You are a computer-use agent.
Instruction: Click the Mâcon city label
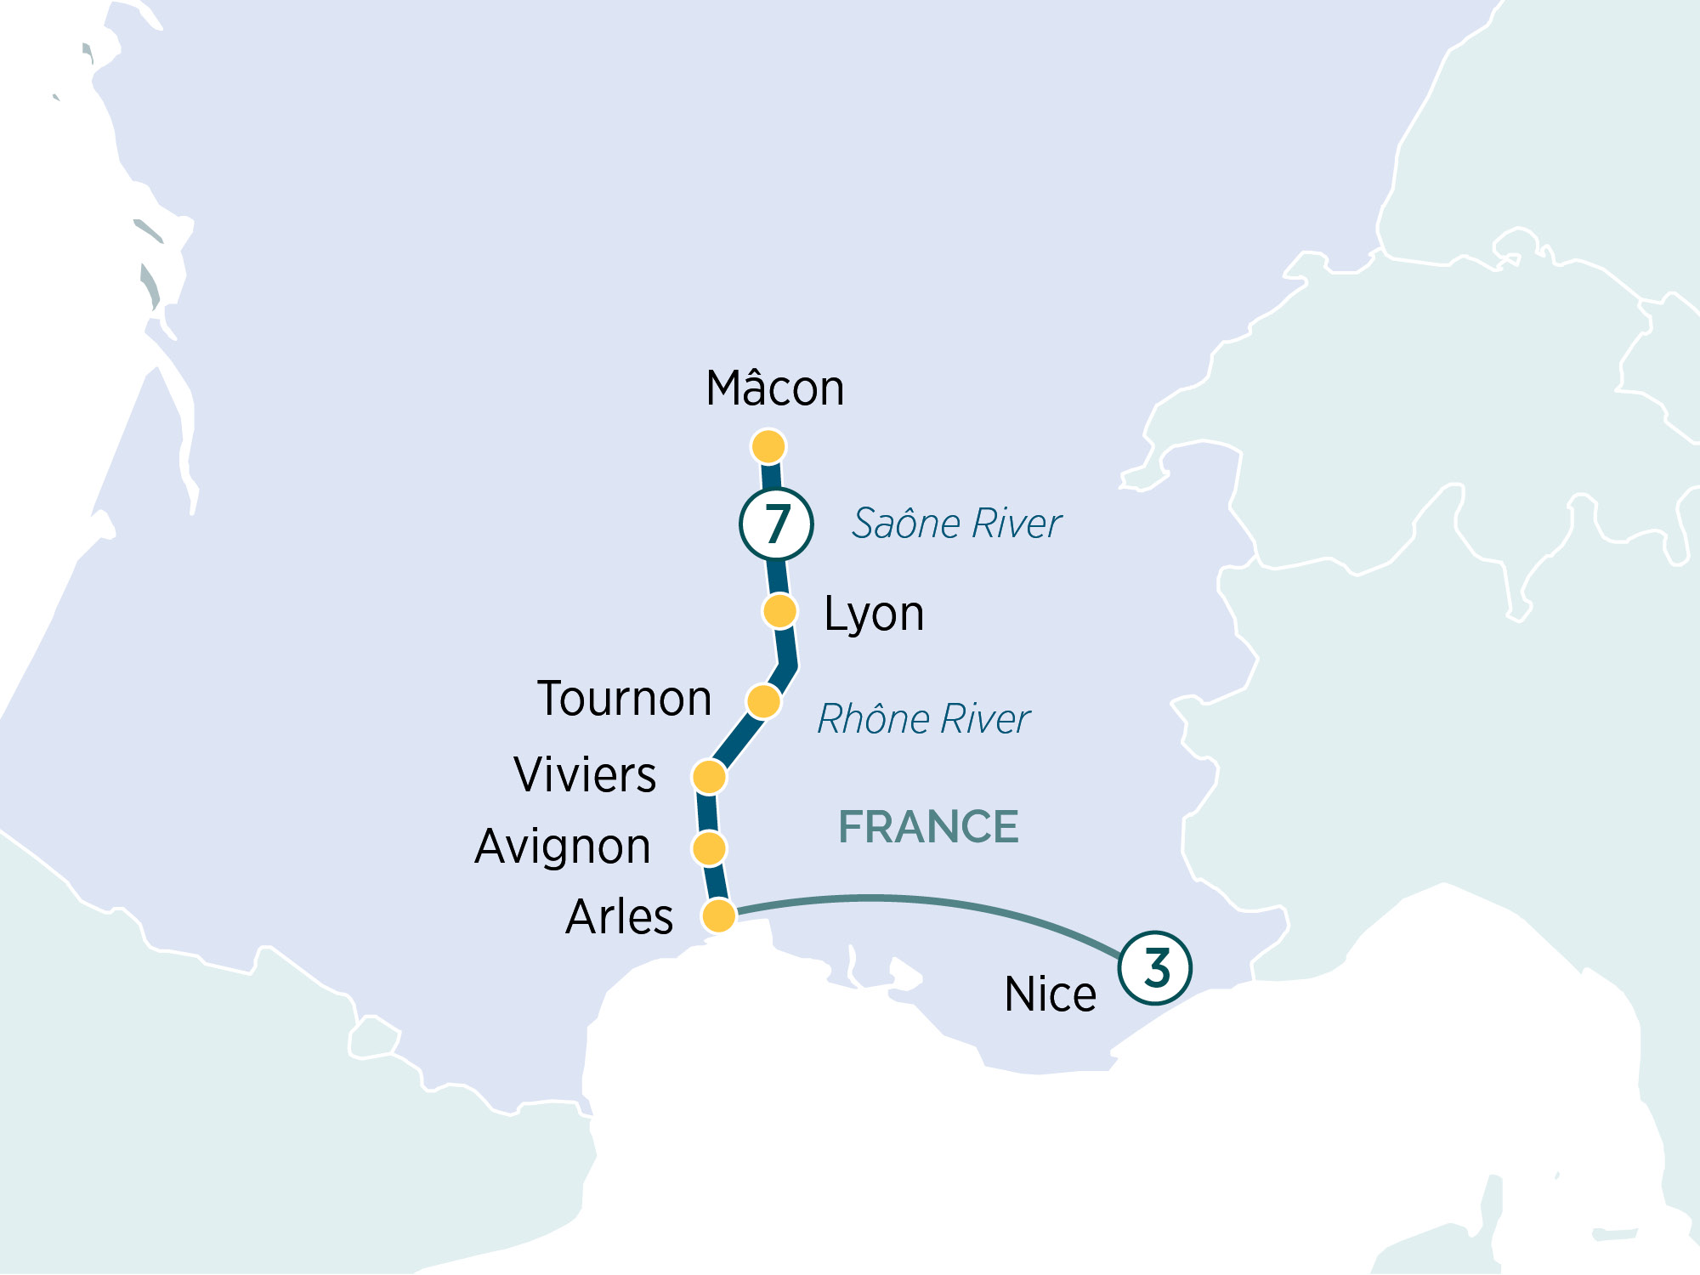[x=775, y=389]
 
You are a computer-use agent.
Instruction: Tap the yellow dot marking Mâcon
[x=768, y=446]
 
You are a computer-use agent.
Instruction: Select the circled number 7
[x=776, y=524]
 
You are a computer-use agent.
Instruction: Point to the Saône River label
[x=957, y=524]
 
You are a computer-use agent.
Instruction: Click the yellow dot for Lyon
[x=779, y=610]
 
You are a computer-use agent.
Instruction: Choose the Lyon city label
[x=874, y=614]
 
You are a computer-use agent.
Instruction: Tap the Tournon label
[x=625, y=700]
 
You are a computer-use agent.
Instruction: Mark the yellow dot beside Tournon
[x=763, y=701]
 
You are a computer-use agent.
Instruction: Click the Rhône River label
[x=924, y=719]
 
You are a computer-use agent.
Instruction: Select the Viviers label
[x=585, y=775]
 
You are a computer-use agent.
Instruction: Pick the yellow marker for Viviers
[x=709, y=776]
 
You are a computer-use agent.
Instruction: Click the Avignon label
[x=563, y=847]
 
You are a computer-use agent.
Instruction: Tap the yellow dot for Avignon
[x=709, y=847]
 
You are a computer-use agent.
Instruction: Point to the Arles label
[x=620, y=917]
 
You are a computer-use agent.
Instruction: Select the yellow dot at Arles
[x=718, y=915]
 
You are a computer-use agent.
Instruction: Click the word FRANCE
[x=928, y=827]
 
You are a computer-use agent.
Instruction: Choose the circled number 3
[x=1155, y=967]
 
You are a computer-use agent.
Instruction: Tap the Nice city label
[x=1051, y=994]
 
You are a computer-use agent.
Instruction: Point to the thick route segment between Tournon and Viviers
[x=736, y=739]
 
